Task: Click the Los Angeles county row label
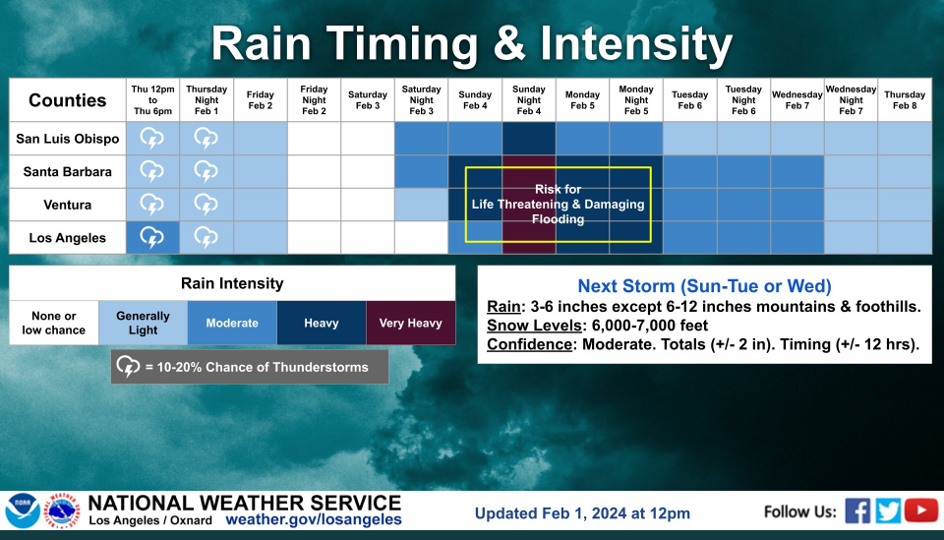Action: (68, 238)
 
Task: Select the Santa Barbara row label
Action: (68, 171)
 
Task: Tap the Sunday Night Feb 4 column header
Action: (529, 100)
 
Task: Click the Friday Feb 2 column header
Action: (260, 100)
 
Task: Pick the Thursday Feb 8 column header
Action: (905, 100)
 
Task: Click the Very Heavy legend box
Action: (411, 323)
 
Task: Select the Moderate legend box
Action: (232, 323)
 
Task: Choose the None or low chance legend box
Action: (53, 323)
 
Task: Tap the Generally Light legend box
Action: (144, 323)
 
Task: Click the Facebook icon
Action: (857, 510)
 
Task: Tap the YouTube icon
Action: (921, 510)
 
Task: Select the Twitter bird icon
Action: (888, 510)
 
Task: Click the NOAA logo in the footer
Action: (23, 511)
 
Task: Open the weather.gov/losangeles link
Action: (314, 519)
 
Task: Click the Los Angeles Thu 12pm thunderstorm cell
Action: (152, 238)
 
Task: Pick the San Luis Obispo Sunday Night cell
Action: (529, 139)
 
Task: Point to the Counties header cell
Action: (68, 100)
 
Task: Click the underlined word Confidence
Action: (529, 344)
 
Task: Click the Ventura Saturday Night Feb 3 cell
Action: (422, 205)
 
